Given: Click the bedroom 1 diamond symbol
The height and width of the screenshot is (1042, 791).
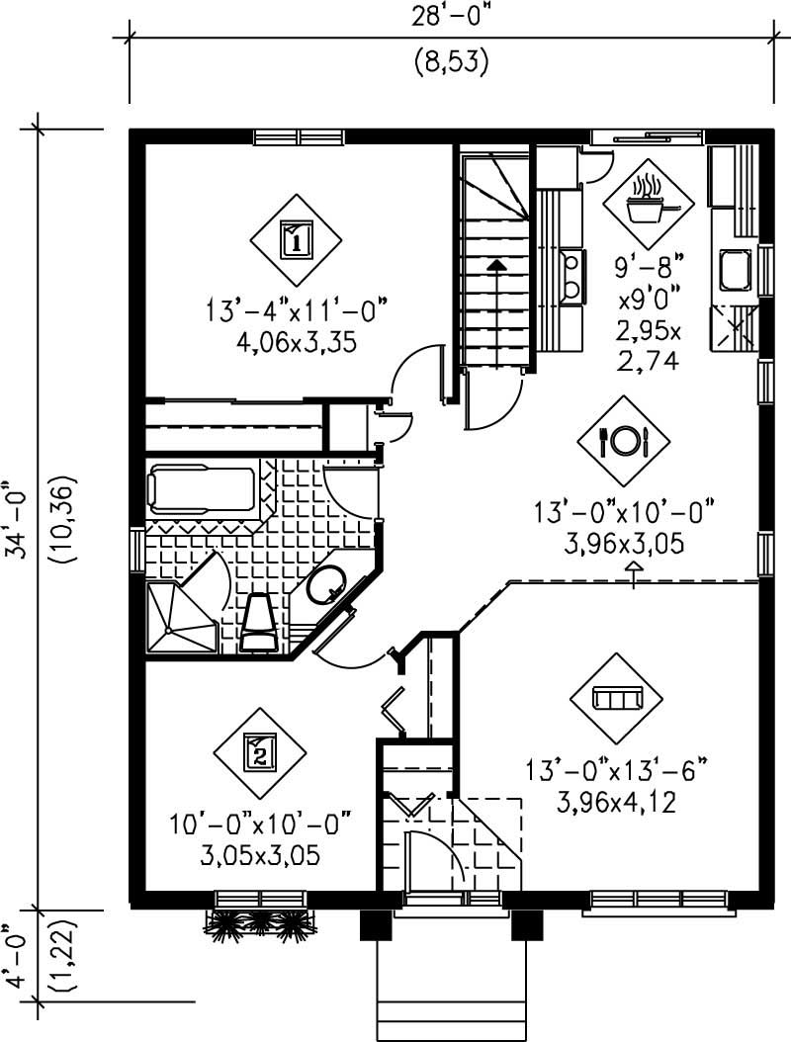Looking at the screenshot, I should (296, 238).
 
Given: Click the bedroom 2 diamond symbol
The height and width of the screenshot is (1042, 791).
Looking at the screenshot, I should (259, 754).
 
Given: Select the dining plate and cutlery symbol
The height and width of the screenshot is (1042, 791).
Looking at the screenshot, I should (624, 440).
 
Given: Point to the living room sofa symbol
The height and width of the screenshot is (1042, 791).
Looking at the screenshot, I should (616, 699).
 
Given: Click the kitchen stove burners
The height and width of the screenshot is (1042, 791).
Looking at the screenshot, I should (571, 276).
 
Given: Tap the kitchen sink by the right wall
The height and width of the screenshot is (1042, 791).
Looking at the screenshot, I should (735, 268).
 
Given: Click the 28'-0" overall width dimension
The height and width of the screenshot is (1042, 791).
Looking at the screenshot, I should (451, 18).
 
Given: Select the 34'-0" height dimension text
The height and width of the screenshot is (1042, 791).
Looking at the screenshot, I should (18, 521).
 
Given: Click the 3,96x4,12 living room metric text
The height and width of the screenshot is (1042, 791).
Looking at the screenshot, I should (620, 804).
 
